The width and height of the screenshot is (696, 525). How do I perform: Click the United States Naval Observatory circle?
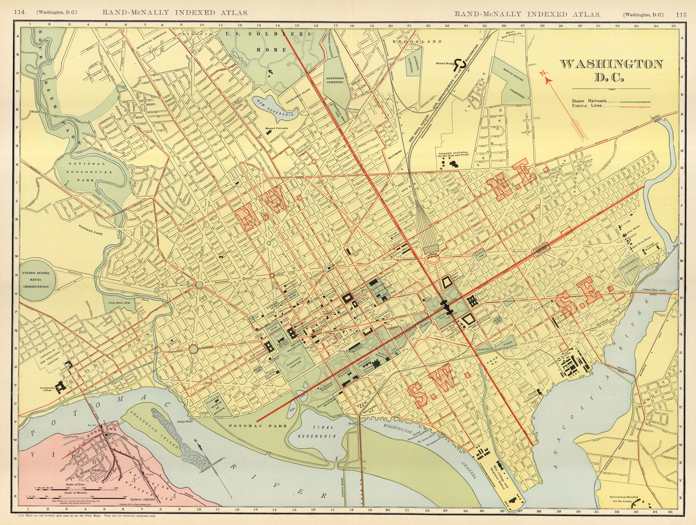click(36, 280)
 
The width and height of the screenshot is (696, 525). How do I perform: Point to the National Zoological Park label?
click(87, 172)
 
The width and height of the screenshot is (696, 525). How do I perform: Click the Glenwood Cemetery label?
click(335, 80)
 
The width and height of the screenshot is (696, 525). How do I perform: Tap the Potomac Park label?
click(258, 426)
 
